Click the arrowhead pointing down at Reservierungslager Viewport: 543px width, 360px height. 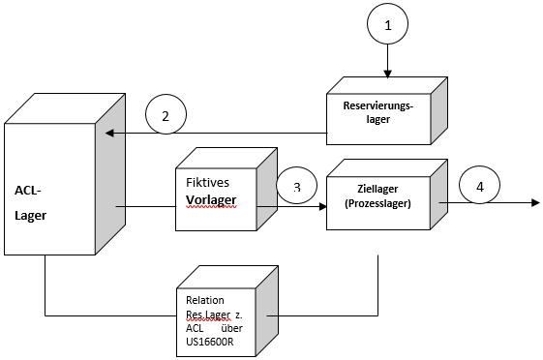pyautogui.click(x=387, y=74)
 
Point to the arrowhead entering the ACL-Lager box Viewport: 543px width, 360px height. pyautogui.click(x=109, y=133)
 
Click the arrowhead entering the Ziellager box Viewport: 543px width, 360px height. pyautogui.click(x=323, y=207)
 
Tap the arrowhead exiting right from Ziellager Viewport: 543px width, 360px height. pyautogui.click(x=535, y=202)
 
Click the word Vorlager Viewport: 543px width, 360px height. pyautogui.click(x=211, y=199)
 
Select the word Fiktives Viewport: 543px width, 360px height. pyautogui.click(x=207, y=183)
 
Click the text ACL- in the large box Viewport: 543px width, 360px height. pyautogui.click(x=28, y=191)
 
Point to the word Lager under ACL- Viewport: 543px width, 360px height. pyautogui.click(x=30, y=216)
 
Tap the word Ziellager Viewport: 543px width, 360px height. pyautogui.click(x=377, y=189)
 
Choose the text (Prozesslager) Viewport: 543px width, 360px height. pyautogui.click(x=377, y=203)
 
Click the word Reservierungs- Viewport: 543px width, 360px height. pyautogui.click(x=378, y=105)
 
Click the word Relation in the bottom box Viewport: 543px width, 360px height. pyautogui.click(x=205, y=300)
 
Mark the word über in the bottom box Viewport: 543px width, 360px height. pyautogui.click(x=231, y=328)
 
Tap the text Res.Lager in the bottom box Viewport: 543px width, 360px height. pyautogui.click(x=208, y=315)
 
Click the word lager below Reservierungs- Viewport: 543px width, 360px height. pyautogui.click(x=378, y=119)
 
